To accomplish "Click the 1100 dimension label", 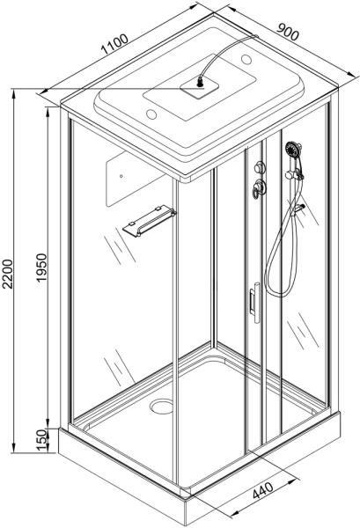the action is click(114, 44).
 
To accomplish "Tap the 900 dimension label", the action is click(288, 32).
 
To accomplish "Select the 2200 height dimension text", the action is click(7, 274).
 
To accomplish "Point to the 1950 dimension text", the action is click(41, 268).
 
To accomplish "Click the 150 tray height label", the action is click(41, 439).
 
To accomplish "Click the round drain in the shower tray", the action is click(161, 406).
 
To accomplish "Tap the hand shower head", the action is click(293, 149).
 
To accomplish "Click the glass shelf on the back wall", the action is click(149, 220).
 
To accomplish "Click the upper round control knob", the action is click(260, 166).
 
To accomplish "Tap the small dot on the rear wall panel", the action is click(121, 176).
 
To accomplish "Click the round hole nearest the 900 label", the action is click(246, 60).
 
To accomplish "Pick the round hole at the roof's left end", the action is click(151, 114).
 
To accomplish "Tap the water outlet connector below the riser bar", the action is click(298, 209).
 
